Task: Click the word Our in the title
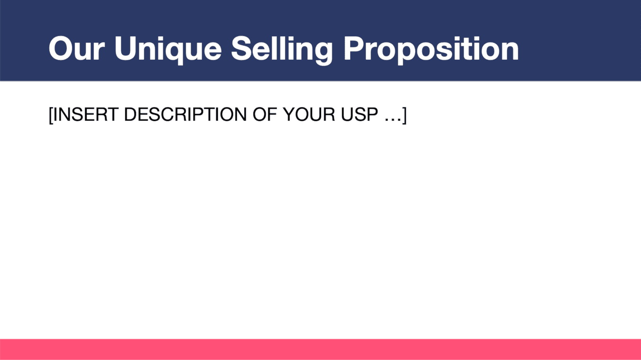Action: click(x=76, y=48)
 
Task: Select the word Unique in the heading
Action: click(x=168, y=50)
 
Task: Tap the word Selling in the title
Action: click(x=282, y=50)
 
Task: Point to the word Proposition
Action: click(x=431, y=50)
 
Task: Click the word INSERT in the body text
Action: click(x=86, y=114)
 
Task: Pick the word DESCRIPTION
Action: click(x=185, y=114)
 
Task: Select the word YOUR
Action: click(x=309, y=114)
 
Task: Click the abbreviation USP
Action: click(x=359, y=114)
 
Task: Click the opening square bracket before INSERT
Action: click(x=51, y=115)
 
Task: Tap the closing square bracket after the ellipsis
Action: click(x=404, y=115)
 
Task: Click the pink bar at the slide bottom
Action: click(x=320, y=350)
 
